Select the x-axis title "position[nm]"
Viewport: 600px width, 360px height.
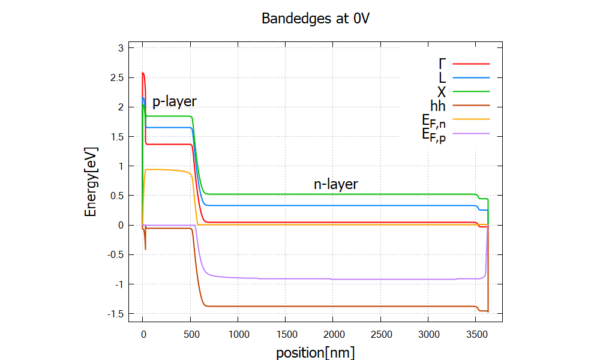tap(315, 352)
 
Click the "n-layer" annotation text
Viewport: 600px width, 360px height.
tap(336, 184)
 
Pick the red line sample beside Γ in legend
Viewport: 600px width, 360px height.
tap(472, 63)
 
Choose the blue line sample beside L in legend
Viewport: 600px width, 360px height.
tap(472, 77)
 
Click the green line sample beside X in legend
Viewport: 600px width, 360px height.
tap(472, 92)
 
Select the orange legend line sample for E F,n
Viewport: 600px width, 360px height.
tap(472, 119)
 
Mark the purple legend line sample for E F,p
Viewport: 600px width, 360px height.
tap(472, 133)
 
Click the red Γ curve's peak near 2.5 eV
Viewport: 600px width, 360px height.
tap(143, 73)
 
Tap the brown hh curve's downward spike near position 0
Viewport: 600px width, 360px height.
tap(145, 248)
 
